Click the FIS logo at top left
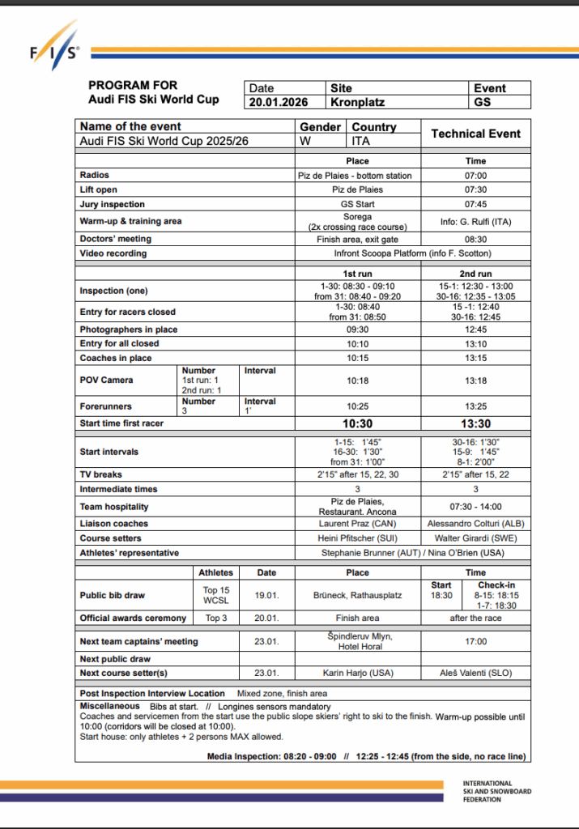tap(56, 53)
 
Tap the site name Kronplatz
tap(359, 103)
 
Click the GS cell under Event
tap(483, 103)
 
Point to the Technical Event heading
tap(475, 134)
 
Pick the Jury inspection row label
tap(113, 204)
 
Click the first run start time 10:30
tap(356, 423)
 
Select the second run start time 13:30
tap(475, 423)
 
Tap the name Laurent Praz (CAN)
tap(357, 524)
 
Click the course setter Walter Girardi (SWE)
tap(475, 538)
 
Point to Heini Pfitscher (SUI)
tap(357, 538)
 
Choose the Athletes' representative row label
tap(130, 553)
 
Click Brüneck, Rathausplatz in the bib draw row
tap(357, 595)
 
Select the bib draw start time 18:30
tap(441, 595)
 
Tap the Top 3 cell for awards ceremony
tap(216, 618)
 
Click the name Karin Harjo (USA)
tap(357, 673)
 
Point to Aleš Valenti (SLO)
tap(475, 673)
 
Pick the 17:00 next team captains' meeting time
tap(475, 641)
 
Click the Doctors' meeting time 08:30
tap(475, 239)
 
